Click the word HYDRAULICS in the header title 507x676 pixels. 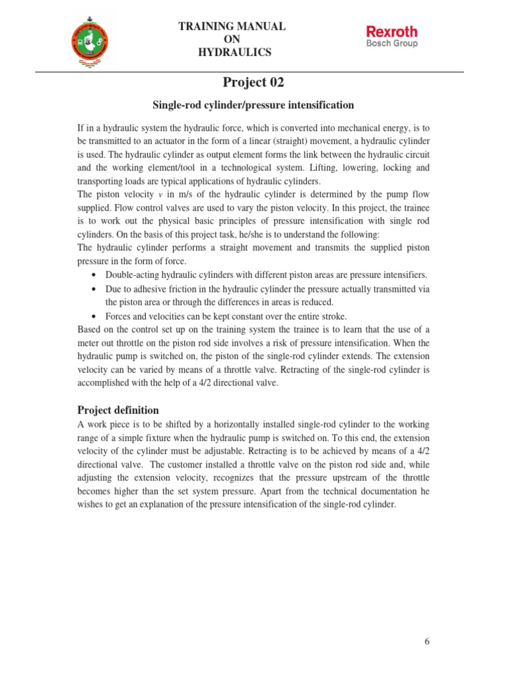(232, 53)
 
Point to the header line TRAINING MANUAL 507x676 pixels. (232, 26)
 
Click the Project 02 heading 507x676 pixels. (253, 83)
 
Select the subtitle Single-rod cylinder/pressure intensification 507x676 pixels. (253, 105)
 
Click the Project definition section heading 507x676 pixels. (118, 410)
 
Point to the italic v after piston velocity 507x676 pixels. (160, 195)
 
